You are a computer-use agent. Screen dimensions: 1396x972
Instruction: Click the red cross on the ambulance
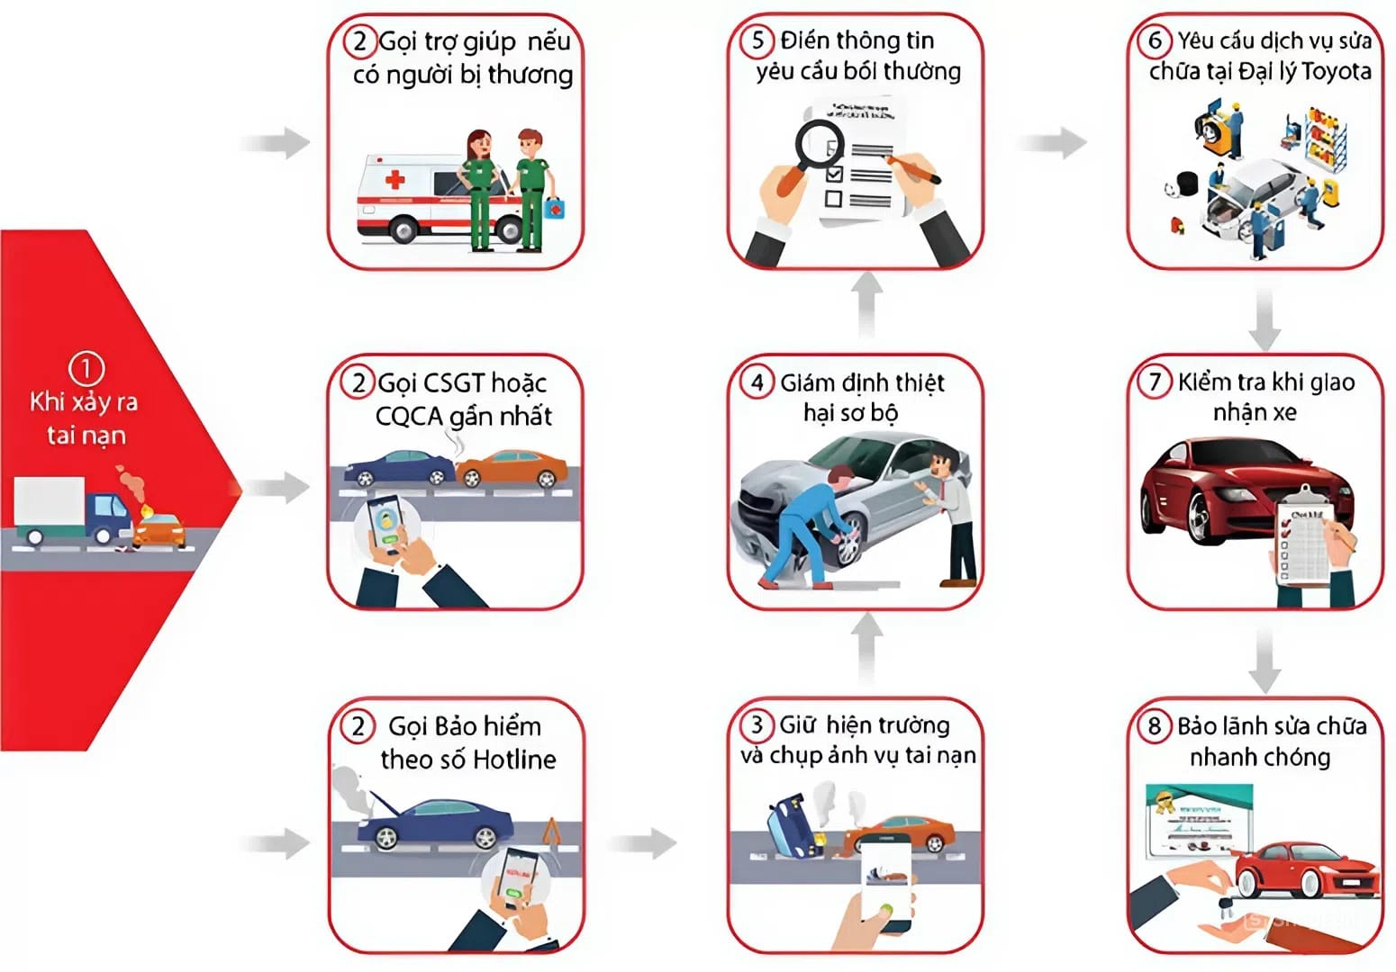point(394,180)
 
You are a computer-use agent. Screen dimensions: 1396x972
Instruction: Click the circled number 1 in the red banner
point(86,369)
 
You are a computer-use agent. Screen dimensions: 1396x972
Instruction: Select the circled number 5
point(757,40)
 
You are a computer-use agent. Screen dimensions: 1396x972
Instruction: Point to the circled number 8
point(1155,726)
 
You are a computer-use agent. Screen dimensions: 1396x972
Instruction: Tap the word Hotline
point(514,759)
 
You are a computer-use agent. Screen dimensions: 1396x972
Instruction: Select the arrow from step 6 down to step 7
point(1265,319)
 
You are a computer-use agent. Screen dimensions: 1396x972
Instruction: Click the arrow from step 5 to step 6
point(1052,142)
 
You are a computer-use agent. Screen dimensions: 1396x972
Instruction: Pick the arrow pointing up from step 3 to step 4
point(866,648)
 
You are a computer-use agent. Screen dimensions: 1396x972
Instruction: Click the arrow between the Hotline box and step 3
point(642,843)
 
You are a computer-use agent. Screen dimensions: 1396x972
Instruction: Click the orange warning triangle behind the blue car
point(551,832)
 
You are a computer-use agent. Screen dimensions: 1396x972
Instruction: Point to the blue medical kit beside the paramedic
point(554,208)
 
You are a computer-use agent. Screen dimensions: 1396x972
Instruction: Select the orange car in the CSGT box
point(512,468)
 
